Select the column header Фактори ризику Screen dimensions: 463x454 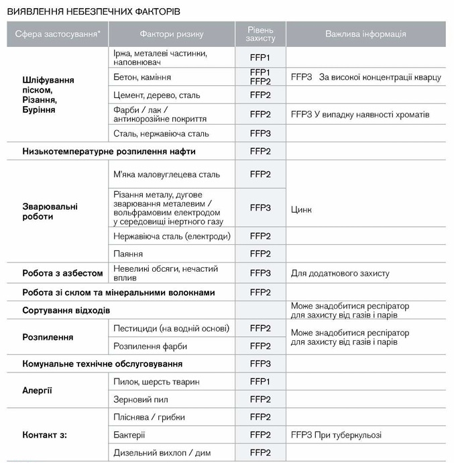tap(171, 34)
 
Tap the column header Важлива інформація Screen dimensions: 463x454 tap(365, 34)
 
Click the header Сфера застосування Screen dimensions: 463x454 tap(58, 34)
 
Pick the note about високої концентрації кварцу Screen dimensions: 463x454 tap(366, 77)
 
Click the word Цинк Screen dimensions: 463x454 tap(301, 210)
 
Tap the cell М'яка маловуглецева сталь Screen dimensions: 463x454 tap(167, 174)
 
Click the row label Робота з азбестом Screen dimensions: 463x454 tap(62, 273)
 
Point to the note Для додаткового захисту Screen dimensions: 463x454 tap(340, 273)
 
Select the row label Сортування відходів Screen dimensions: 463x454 tap(66, 311)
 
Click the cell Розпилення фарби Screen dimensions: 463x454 tap(150, 346)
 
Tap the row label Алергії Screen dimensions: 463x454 tap(37, 391)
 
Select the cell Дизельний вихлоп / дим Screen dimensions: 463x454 tap(162, 453)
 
